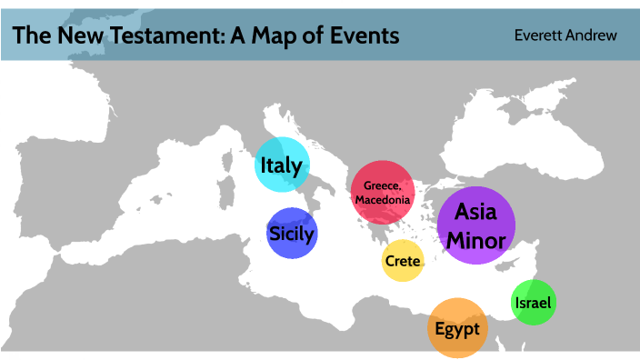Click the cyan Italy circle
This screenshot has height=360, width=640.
pyautogui.click(x=282, y=165)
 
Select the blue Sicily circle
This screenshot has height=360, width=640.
pyautogui.click(x=292, y=233)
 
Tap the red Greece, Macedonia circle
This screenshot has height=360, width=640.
pyautogui.click(x=383, y=192)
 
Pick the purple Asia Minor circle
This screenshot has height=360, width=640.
pyautogui.click(x=475, y=225)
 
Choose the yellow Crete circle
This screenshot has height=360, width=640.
pyautogui.click(x=402, y=261)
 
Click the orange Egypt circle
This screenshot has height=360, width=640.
pyautogui.click(x=457, y=327)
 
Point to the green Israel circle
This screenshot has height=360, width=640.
pyautogui.click(x=533, y=303)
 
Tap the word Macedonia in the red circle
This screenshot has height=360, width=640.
pyautogui.click(x=383, y=199)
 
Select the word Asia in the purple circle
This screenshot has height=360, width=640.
pyautogui.click(x=475, y=212)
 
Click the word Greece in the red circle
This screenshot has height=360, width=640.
pyautogui.click(x=382, y=185)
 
